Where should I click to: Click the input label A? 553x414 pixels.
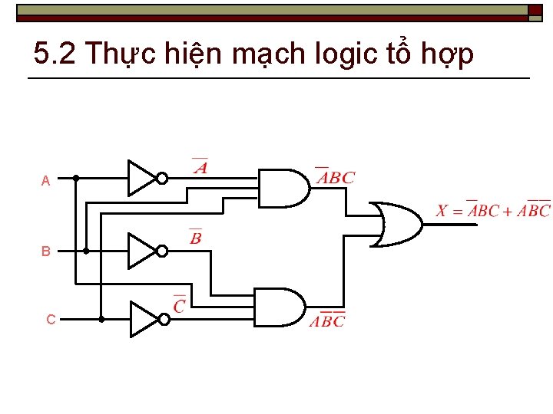tap(46, 182)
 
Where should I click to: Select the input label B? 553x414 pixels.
tap(46, 251)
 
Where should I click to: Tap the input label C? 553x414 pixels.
tap(51, 320)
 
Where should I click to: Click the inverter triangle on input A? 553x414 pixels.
tap(141, 178)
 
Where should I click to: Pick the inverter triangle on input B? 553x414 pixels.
tap(141, 250)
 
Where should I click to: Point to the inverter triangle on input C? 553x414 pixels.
tap(143, 319)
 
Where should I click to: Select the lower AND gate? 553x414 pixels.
tap(278, 307)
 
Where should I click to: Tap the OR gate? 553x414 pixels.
tap(396, 225)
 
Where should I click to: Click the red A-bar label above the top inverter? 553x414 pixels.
tap(200, 167)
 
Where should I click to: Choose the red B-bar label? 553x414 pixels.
tap(196, 238)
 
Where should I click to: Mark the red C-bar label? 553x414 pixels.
tap(180, 305)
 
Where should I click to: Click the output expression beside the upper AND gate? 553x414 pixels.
tap(336, 177)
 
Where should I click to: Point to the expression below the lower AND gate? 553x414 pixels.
tap(328, 320)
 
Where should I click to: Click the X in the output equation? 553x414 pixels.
tap(442, 211)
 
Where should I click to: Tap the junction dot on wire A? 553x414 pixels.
tap(75, 178)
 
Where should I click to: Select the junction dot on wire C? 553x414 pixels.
tap(101, 319)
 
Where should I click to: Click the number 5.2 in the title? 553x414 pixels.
tap(55, 54)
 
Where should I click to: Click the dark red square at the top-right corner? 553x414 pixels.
tap(535, 10)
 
